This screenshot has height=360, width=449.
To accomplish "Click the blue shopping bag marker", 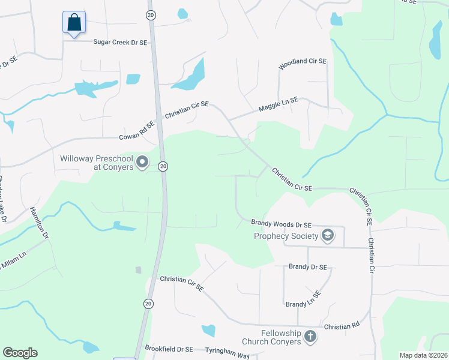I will point(74,23).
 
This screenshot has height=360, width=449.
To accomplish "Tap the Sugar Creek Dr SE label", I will point(120,42).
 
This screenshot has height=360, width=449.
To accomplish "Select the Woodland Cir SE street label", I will point(302,62).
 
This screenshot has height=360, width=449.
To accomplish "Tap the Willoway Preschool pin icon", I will point(142,162).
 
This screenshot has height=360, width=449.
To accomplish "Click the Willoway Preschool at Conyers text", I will point(96,163).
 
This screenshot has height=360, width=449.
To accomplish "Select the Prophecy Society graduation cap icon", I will point(328,235).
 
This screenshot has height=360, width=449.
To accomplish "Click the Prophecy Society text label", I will point(285,236).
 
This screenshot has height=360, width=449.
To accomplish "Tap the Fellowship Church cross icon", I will point(310,337).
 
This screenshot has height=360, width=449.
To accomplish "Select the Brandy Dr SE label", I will point(308,266).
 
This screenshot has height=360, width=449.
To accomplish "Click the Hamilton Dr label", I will point(39,223).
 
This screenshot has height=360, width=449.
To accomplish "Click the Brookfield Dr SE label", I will point(169,349).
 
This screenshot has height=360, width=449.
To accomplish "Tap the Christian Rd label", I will point(342,326).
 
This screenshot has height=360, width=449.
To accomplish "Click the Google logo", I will point(20,353).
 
